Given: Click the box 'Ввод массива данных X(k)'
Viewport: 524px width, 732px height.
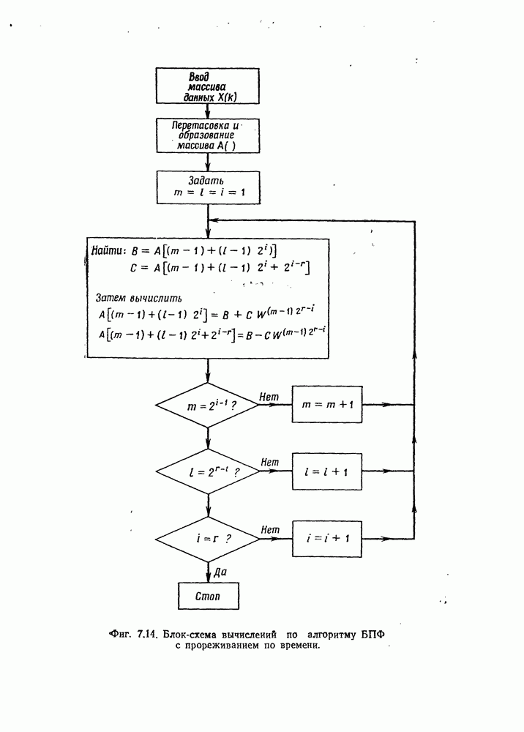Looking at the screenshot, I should coord(208,86).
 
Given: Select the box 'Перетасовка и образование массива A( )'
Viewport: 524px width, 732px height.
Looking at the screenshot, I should coord(208,135).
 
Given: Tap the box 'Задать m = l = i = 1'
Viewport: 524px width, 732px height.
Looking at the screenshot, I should coord(208,187).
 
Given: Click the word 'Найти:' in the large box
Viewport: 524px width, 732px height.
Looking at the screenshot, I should coord(111,250).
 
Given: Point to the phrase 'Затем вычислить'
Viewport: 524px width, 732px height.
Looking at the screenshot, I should coord(139,298).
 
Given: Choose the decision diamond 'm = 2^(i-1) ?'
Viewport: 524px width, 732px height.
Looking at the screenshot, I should coord(208,404).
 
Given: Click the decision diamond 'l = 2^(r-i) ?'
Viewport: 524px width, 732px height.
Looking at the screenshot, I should coord(208,473).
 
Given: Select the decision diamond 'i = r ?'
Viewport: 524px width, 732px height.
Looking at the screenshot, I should coord(208,537).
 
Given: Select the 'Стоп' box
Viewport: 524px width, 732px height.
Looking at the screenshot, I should coord(208,595).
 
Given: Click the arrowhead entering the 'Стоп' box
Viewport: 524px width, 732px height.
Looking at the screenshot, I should coord(208,578).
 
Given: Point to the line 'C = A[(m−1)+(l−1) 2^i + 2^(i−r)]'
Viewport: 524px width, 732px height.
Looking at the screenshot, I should coord(220,269).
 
